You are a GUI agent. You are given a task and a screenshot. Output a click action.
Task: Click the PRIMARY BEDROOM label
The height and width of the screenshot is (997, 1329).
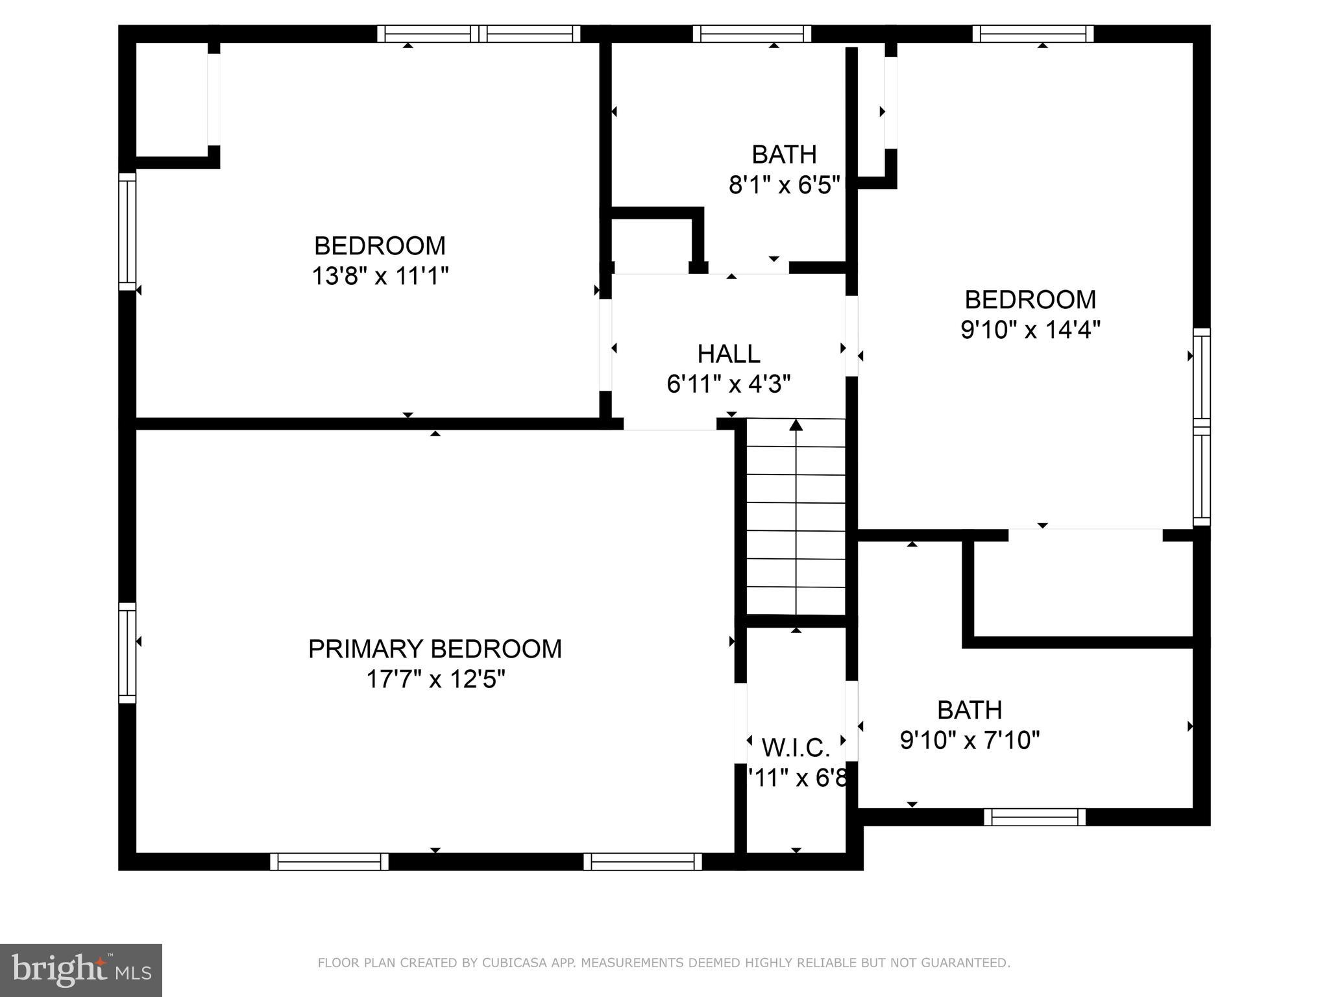pyautogui.click(x=435, y=649)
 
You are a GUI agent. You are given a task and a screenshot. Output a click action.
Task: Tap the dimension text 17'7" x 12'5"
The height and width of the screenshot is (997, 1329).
pyautogui.click(x=435, y=680)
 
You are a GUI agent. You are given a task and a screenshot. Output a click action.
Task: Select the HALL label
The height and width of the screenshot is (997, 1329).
pyautogui.click(x=729, y=354)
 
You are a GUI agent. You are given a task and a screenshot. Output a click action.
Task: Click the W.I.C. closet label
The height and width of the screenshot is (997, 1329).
pyautogui.click(x=796, y=748)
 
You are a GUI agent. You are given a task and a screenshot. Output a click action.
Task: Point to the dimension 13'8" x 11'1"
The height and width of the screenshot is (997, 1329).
pyautogui.click(x=380, y=277)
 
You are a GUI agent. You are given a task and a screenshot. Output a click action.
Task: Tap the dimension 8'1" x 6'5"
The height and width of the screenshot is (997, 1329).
pyautogui.click(x=784, y=186)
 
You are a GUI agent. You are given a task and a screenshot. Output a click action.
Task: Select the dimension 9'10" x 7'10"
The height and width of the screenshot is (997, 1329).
pyautogui.click(x=969, y=740)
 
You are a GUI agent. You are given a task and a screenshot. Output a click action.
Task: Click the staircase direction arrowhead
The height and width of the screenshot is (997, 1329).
pyautogui.click(x=796, y=425)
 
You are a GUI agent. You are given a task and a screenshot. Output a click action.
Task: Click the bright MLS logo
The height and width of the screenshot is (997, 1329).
pyautogui.click(x=80, y=970)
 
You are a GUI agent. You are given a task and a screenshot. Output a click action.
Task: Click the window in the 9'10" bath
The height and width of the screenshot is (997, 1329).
pyautogui.click(x=1034, y=817)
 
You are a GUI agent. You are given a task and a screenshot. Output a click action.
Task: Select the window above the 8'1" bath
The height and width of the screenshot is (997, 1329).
pyautogui.click(x=751, y=34)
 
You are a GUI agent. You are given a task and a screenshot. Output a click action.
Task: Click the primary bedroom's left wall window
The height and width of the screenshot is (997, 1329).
pyautogui.click(x=128, y=652)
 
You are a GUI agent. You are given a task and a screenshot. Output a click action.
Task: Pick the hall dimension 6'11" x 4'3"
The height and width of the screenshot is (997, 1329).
pyautogui.click(x=729, y=385)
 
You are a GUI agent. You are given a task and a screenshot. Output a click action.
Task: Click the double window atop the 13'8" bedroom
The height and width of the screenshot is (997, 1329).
pyautogui.click(x=479, y=34)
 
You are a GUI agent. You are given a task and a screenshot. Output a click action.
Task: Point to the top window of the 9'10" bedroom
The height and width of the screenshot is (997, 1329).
pyautogui.click(x=1033, y=34)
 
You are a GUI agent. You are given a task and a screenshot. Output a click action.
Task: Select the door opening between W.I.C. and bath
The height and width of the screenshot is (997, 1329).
pyautogui.click(x=852, y=720)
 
